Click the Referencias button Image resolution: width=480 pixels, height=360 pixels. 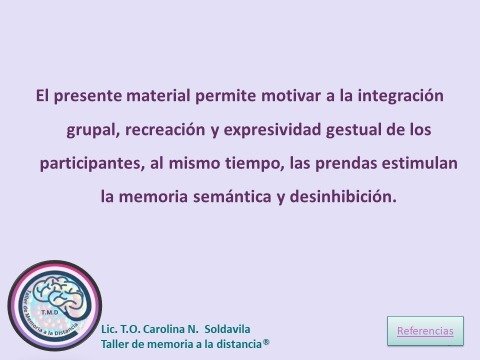tap(425, 330)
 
